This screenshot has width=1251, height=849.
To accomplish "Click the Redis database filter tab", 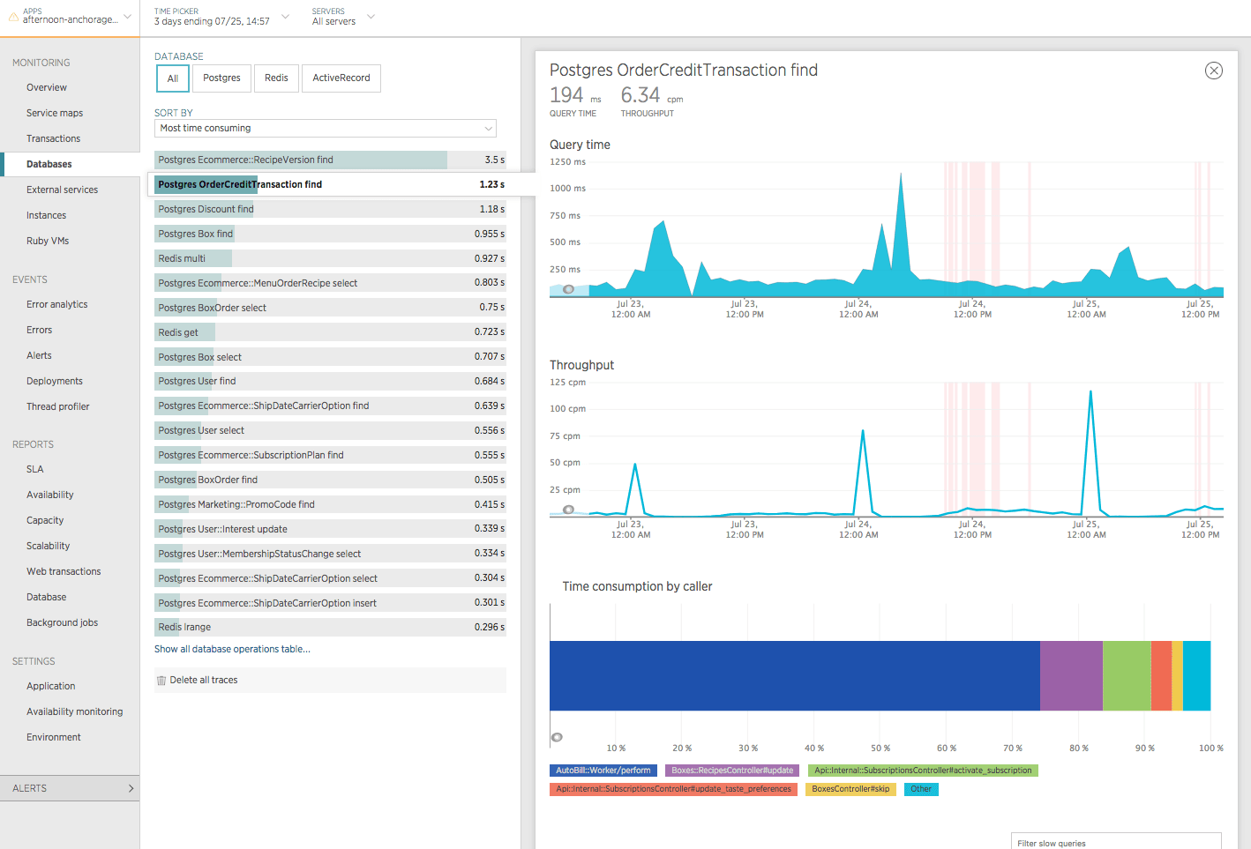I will pyautogui.click(x=276, y=78).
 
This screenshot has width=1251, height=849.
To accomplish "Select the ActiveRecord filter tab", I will pyautogui.click(x=341, y=78).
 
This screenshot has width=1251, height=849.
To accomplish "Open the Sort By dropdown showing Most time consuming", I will pyautogui.click(x=326, y=129).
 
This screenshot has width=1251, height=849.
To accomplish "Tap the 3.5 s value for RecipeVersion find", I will pyautogui.click(x=494, y=160).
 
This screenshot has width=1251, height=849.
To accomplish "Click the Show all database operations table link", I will pyautogui.click(x=232, y=650).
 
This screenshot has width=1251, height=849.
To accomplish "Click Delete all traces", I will pyautogui.click(x=203, y=681).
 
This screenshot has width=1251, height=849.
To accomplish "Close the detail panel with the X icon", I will pyautogui.click(x=1214, y=71).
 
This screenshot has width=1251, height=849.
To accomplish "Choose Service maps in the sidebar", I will pyautogui.click(x=55, y=114).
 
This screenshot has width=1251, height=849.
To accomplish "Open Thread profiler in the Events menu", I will pyautogui.click(x=58, y=407).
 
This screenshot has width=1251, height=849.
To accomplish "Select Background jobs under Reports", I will pyautogui.click(x=62, y=623).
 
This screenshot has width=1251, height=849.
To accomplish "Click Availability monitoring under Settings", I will pyautogui.click(x=75, y=712).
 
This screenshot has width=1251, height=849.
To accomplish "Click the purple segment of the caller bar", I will pyautogui.click(x=1071, y=676).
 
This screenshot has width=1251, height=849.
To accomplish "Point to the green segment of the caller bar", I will pyautogui.click(x=1127, y=676).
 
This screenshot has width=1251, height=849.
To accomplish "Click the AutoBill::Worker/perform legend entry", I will pyautogui.click(x=603, y=771).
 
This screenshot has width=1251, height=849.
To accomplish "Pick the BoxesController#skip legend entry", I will pyautogui.click(x=850, y=789).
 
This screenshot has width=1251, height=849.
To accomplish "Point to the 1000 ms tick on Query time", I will pyautogui.click(x=567, y=189).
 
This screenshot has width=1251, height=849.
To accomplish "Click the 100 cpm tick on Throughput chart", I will pyautogui.click(x=567, y=409).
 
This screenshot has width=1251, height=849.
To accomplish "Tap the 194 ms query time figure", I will pyautogui.click(x=566, y=95).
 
